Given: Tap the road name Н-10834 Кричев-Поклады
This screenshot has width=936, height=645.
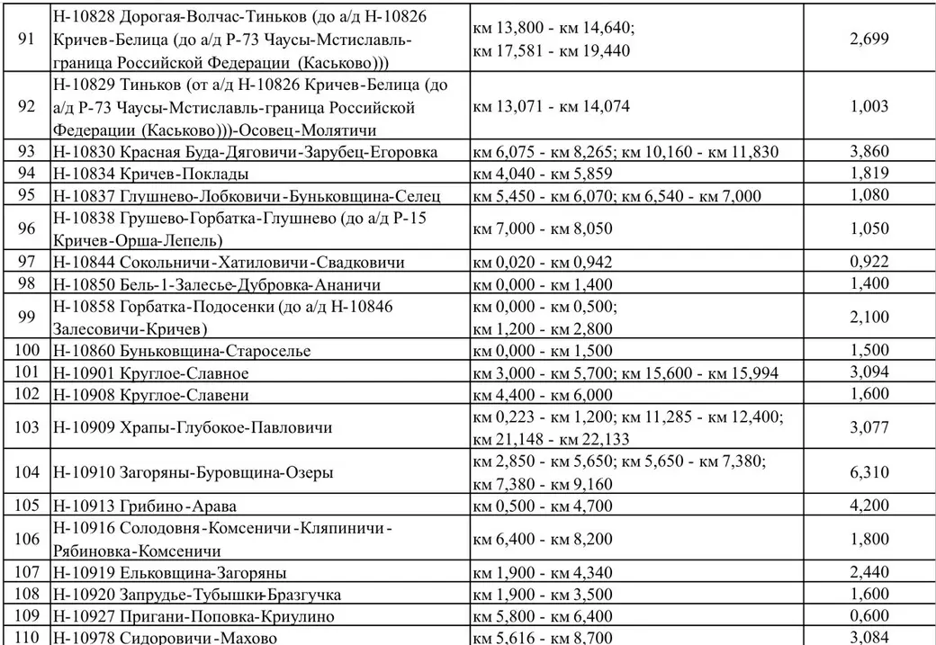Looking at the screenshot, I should pyautogui.click(x=151, y=174).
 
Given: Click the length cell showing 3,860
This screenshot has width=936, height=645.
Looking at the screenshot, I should pyautogui.click(x=868, y=152).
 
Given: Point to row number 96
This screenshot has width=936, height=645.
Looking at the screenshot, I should pyautogui.click(x=26, y=228).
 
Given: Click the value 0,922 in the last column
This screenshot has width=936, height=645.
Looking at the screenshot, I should pyautogui.click(x=868, y=262).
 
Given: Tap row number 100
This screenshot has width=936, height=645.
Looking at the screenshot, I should pyautogui.click(x=26, y=351).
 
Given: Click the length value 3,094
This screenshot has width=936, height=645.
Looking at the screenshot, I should pyautogui.click(x=868, y=372).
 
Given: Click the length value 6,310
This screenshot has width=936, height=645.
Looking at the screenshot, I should pyautogui.click(x=868, y=472).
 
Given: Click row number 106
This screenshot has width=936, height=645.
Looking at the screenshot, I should pyautogui.click(x=26, y=538).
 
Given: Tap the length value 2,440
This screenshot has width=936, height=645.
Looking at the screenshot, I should pyautogui.click(x=868, y=571).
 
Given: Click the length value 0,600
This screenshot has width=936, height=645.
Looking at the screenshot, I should pyautogui.click(x=868, y=616).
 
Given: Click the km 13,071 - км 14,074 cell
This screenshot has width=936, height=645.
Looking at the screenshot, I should pyautogui.click(x=551, y=106).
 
